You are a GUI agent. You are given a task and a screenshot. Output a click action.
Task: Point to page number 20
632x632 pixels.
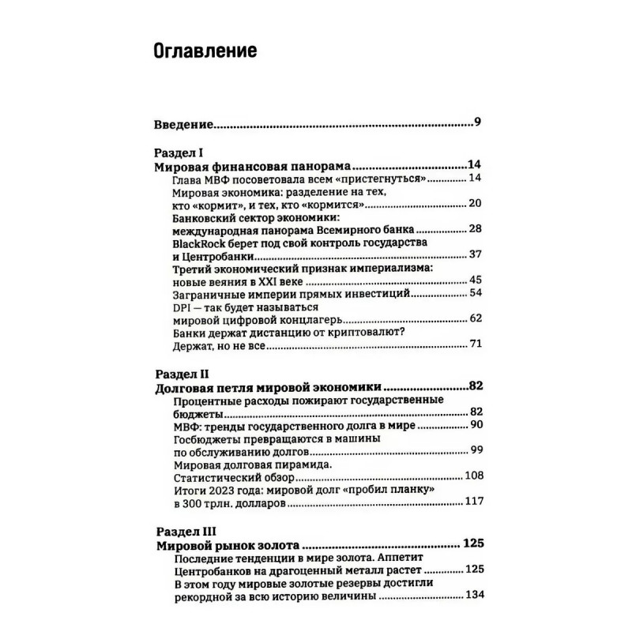click(x=475, y=203)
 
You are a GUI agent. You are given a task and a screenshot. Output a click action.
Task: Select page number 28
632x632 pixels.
click(x=475, y=229)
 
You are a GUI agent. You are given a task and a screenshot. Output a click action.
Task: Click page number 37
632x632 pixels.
click(x=475, y=255)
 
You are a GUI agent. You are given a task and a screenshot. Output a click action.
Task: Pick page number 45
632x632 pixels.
click(x=475, y=281)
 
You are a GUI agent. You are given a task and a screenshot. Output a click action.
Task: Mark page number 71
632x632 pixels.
click(x=475, y=345)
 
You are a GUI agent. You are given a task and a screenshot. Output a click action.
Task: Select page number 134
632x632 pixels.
click(x=472, y=595)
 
